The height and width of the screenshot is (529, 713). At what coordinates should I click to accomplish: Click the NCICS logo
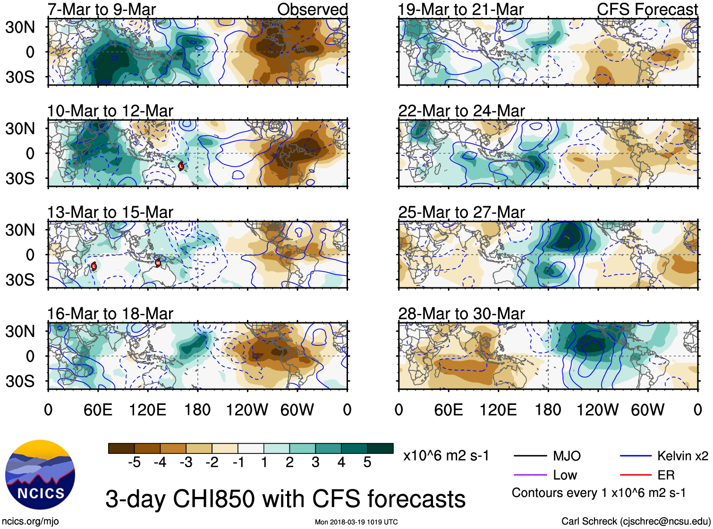pos(40,474)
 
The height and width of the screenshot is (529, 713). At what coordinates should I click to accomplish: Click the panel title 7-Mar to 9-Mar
pos(102,9)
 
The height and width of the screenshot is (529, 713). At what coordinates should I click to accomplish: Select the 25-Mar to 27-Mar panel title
pos(461,212)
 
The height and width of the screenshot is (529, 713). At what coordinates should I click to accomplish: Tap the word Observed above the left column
pos(312,9)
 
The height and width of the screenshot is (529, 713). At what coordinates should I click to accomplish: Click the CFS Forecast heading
pos(647,9)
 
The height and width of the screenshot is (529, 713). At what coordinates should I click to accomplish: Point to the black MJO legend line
pos(530,456)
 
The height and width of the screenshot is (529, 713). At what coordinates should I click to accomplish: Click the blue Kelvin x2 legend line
pos(636,456)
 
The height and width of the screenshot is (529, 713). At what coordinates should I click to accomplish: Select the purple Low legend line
pos(530,475)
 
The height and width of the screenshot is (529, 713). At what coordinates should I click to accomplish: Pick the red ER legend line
pos(636,475)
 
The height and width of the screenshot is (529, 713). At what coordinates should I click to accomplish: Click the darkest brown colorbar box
pos(121,448)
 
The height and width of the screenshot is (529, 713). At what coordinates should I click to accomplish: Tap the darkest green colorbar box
pos(380,448)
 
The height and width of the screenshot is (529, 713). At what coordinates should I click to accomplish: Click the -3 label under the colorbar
pos(186,462)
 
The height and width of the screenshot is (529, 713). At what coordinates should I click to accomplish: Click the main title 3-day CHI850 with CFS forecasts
pos(285,499)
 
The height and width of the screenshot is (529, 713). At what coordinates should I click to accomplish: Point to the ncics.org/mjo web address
pos(30,521)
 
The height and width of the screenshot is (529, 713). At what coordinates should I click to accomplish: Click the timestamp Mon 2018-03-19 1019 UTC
pos(356,522)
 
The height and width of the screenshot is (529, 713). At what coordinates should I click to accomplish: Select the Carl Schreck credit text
pos(636,521)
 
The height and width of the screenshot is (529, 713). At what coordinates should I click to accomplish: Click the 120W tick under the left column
pos(247,410)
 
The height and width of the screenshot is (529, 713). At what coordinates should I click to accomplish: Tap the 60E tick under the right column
pos(448,410)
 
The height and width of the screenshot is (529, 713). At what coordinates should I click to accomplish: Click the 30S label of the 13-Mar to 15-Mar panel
pos(20,279)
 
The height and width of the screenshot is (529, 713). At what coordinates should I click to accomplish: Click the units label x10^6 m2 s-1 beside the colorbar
pos(446,456)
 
